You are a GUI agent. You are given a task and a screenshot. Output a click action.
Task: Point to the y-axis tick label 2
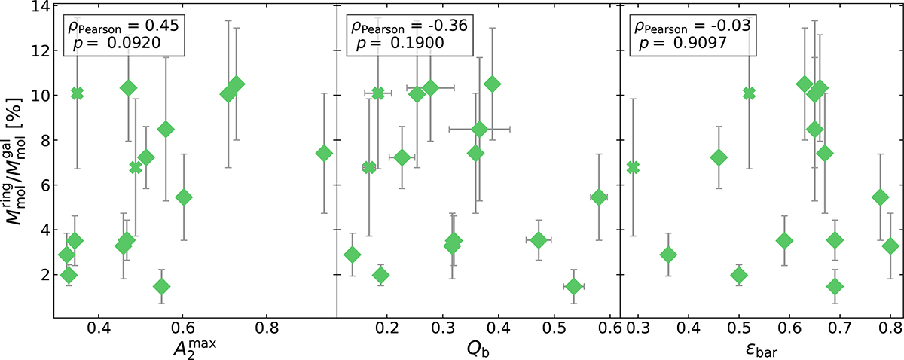click(41, 274)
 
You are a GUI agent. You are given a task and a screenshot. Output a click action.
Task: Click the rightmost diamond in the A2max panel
click(324, 154)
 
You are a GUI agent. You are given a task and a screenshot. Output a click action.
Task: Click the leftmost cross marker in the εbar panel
click(633, 167)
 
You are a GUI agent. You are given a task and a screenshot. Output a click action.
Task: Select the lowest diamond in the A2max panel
click(161, 286)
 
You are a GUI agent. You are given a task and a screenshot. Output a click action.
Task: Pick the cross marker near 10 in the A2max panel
click(77, 93)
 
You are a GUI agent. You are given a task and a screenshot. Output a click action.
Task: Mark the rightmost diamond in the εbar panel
click(890, 246)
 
